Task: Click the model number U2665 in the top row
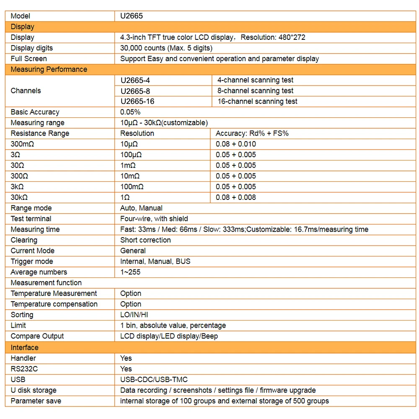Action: pyautogui.click(x=132, y=16)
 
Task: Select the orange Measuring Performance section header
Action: pyautogui.click(x=49, y=69)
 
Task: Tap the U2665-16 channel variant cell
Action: pyautogui.click(x=137, y=101)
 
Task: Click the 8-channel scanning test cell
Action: pyautogui.click(x=256, y=91)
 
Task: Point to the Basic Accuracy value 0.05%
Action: pyautogui.click(x=130, y=112)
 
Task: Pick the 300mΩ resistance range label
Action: pyautogui.click(x=23, y=144)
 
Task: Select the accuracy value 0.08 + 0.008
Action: pyautogui.click(x=236, y=197)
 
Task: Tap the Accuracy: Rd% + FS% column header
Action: pyautogui.click(x=252, y=133)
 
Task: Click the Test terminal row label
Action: pyautogui.click(x=31, y=219)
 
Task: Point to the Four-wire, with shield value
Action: pyautogui.click(x=154, y=219)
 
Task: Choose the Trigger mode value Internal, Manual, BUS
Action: pyautogui.click(x=155, y=261)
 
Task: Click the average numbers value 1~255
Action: pyautogui.click(x=130, y=272)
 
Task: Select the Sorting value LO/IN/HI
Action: pyautogui.click(x=134, y=315)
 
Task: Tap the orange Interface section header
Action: pyautogui.click(x=24, y=347)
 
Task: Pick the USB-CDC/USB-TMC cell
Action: pyautogui.click(x=154, y=380)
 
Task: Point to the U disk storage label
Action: pyautogui.click(x=34, y=390)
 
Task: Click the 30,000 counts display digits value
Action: pyautogui.click(x=166, y=48)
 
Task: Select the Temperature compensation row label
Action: pyautogui.click(x=54, y=304)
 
